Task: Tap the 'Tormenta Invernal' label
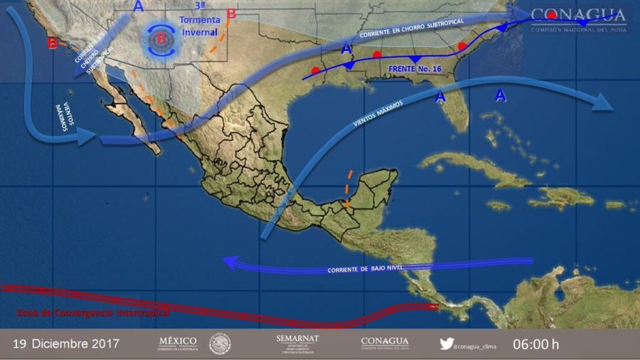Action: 200,25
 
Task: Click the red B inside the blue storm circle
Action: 161,40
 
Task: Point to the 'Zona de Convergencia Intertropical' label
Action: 93,312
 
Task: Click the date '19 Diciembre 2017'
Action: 66,344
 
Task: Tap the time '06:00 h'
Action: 535,344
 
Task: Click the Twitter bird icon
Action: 446,344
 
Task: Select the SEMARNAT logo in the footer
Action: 297,343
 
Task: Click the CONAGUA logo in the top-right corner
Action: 578,18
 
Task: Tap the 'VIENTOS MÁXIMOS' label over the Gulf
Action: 378,112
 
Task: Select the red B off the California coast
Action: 53,43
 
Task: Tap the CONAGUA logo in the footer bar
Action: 384,343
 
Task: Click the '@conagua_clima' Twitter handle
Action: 474,346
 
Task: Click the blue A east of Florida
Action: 501,95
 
